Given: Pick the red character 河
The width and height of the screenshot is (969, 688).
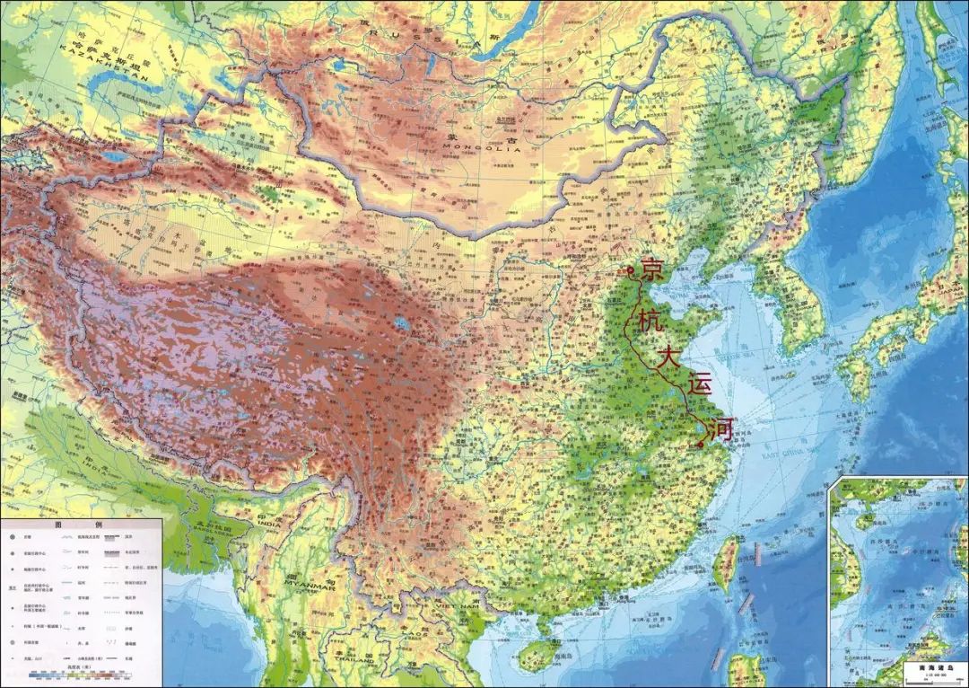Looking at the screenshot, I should (x=720, y=428).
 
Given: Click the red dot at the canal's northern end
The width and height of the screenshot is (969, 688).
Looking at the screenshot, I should (x=631, y=269).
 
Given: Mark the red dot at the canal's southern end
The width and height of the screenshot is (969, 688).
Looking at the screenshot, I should (x=700, y=444).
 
